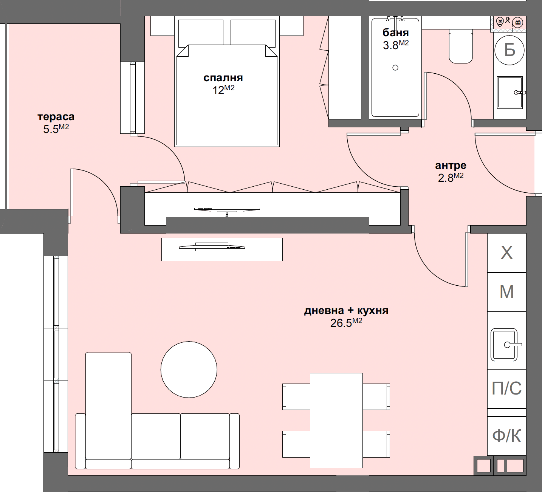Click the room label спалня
[x=223, y=78]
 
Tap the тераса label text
[x=56, y=117]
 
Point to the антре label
[x=451, y=166]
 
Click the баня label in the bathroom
[x=395, y=32]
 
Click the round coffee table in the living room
[x=189, y=370]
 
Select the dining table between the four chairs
[x=336, y=420]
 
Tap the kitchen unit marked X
[x=506, y=253]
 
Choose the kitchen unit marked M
[x=506, y=292]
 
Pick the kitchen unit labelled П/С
[x=506, y=388]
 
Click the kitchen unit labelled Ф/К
[x=506, y=436]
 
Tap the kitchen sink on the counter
[x=504, y=345]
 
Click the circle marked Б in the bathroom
[x=509, y=50]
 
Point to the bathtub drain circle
[x=395, y=68]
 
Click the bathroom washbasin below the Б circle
[x=509, y=93]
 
